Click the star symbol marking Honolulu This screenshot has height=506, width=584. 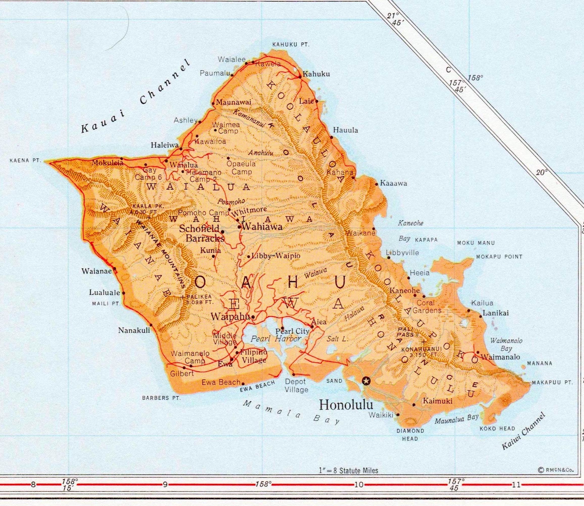point(366,381)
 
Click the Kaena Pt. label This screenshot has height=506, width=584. point(25,161)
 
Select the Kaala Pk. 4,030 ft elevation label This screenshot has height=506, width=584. point(147,209)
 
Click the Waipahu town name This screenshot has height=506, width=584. point(230,317)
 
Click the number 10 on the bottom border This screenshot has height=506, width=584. point(359,485)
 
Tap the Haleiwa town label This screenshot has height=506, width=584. point(165,145)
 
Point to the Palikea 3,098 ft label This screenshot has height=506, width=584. point(199,299)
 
